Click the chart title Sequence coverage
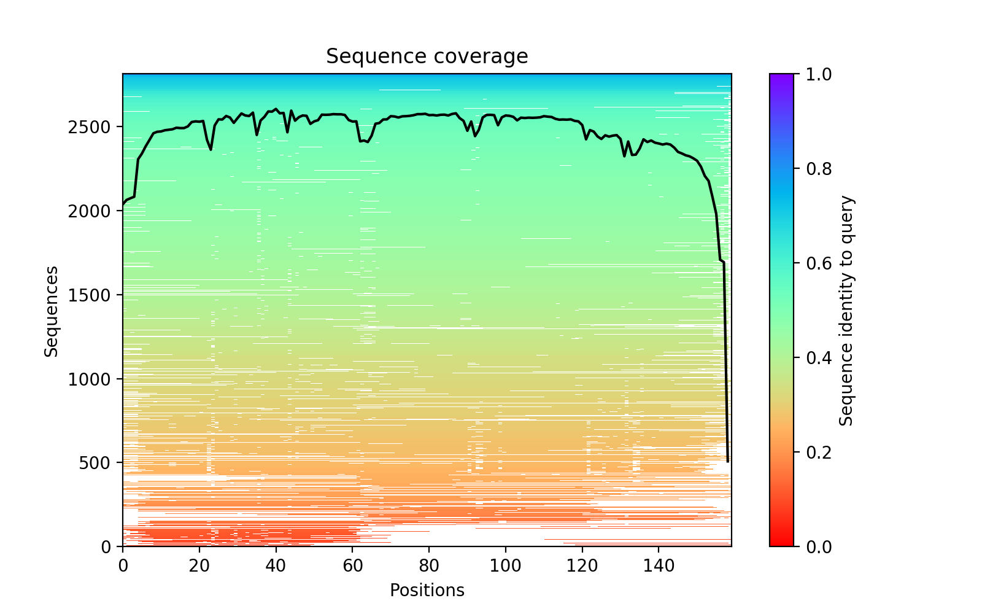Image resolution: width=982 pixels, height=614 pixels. point(427,56)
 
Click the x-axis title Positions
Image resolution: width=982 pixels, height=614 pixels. point(427,591)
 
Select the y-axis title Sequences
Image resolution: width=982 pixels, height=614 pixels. point(52,311)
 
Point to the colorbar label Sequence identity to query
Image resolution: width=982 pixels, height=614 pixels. point(846,311)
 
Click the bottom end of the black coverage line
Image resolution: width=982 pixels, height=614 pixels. point(728,462)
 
